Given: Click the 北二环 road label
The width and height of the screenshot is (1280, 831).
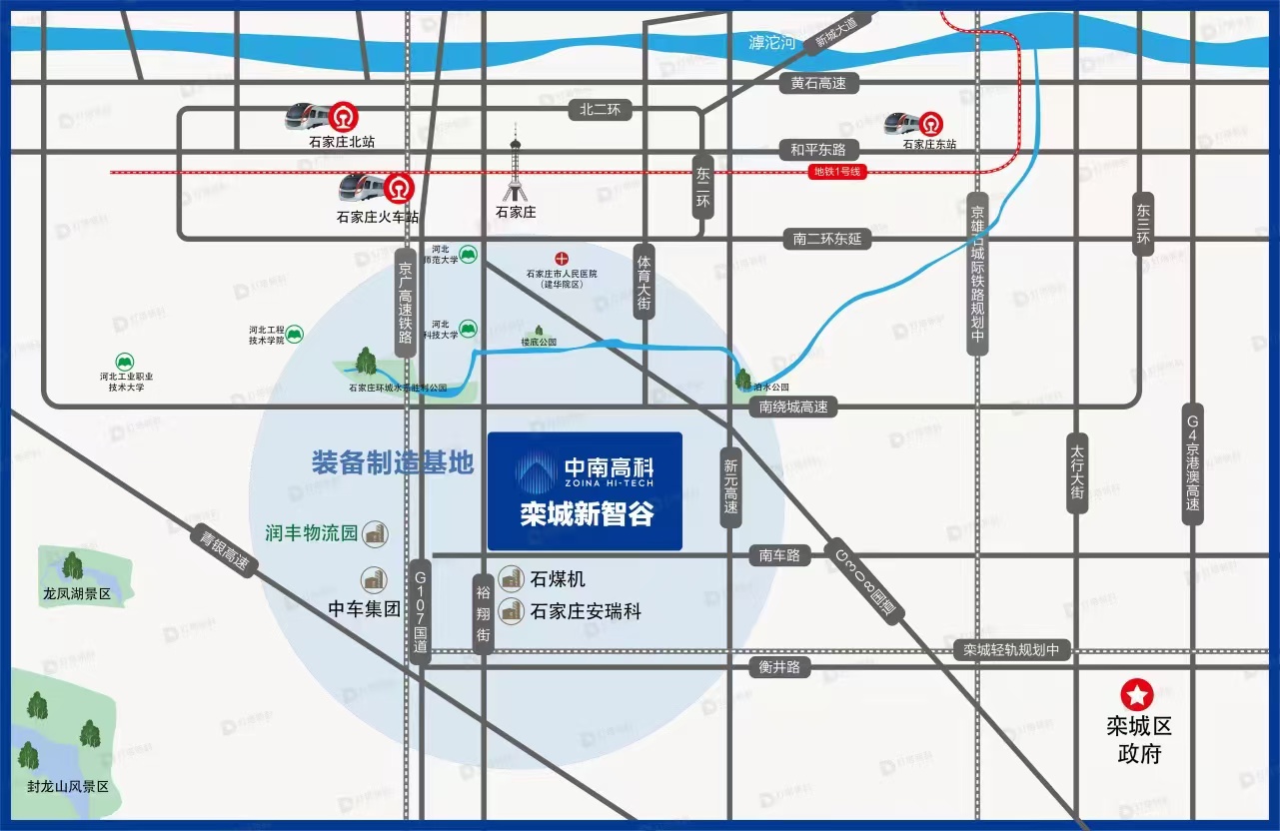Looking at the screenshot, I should point(601,110).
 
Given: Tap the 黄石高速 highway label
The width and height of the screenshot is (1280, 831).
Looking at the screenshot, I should point(818,84).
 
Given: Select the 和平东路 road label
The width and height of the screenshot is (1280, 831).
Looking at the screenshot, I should point(818,150).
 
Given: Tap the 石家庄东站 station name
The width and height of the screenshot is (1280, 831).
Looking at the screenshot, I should point(929,144).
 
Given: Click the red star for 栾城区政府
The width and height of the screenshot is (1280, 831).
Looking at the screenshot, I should point(1137,693).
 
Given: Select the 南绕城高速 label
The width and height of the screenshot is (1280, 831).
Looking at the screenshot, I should point(793,407).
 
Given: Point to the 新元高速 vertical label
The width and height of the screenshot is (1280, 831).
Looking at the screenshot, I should point(731,486).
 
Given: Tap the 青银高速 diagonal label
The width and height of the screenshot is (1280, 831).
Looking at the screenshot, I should point(224,549).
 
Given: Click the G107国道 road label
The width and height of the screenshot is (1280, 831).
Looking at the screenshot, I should point(421,611).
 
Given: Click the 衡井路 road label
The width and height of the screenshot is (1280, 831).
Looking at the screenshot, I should point(779,667).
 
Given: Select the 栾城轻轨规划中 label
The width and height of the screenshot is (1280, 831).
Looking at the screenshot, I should point(1011,650).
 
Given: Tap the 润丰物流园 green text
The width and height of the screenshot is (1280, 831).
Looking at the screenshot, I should point(312,532).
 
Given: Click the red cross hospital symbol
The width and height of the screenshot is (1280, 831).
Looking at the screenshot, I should point(562,258).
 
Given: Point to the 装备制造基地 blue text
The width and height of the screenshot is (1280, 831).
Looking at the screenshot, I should point(392,461).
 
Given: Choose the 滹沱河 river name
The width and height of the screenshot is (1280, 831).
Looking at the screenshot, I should point(771,43).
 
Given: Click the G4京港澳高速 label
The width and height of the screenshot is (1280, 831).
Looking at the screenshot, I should point(1192,464).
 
